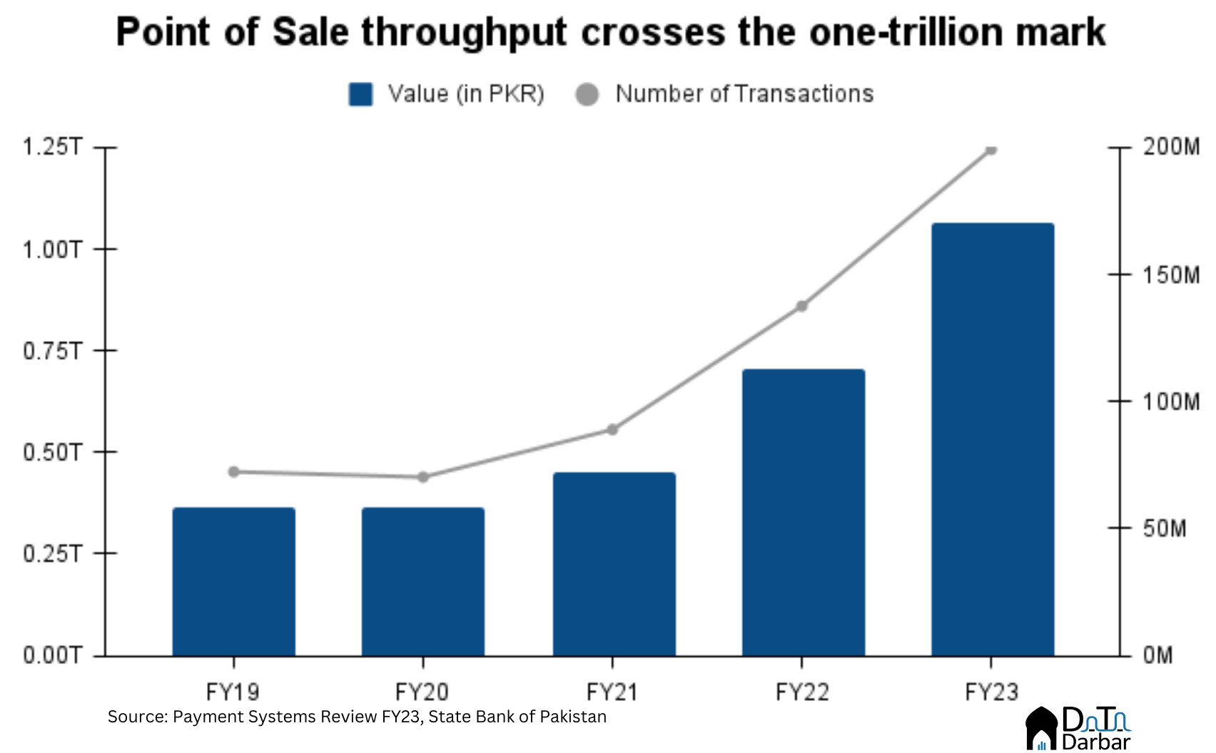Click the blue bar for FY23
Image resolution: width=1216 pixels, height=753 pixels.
click(992, 439)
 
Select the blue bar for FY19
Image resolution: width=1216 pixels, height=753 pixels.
click(233, 581)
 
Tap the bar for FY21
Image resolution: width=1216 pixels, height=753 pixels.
click(614, 563)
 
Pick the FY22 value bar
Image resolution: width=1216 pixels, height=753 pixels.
click(803, 512)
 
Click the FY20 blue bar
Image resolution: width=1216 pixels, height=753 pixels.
click(422, 581)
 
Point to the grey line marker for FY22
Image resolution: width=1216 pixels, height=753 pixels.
click(801, 306)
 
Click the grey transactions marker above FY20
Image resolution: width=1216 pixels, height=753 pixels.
click(422, 476)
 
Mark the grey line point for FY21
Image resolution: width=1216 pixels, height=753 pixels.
click(612, 429)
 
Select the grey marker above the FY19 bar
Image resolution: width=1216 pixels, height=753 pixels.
click(233, 471)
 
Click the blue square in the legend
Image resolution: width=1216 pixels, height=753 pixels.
click(360, 94)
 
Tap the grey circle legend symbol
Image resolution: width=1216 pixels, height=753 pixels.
click(587, 94)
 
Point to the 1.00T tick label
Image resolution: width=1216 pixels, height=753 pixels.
click(52, 250)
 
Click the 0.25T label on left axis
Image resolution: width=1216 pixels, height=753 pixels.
click(52, 553)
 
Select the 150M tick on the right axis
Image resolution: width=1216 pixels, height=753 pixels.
click(1170, 275)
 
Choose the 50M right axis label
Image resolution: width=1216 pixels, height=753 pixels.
click(1165, 528)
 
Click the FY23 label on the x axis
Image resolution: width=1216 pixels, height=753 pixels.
click(991, 692)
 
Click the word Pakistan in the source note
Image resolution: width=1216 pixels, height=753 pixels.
click(572, 717)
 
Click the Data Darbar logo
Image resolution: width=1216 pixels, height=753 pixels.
click(1078, 729)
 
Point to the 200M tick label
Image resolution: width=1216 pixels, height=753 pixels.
click(1170, 147)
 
